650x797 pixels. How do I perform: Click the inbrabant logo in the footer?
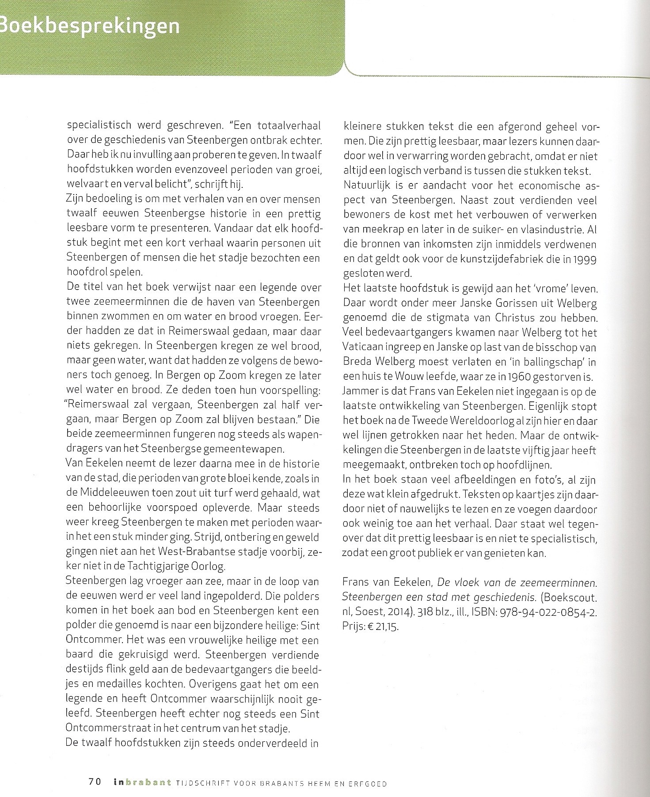[141, 782]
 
